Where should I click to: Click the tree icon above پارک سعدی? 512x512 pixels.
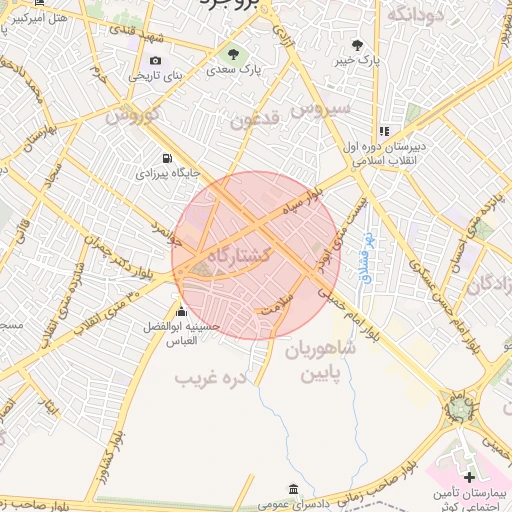pos(234,54)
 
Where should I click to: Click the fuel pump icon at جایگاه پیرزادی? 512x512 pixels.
pos(166,158)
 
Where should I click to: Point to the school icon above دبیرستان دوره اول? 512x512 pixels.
pos(383,131)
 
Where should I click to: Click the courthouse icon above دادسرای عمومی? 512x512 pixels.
pos(292,489)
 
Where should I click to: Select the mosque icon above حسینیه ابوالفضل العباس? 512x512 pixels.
pos(181,310)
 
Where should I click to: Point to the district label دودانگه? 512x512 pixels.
pos(414,13)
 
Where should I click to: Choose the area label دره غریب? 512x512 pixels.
pos(210,379)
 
